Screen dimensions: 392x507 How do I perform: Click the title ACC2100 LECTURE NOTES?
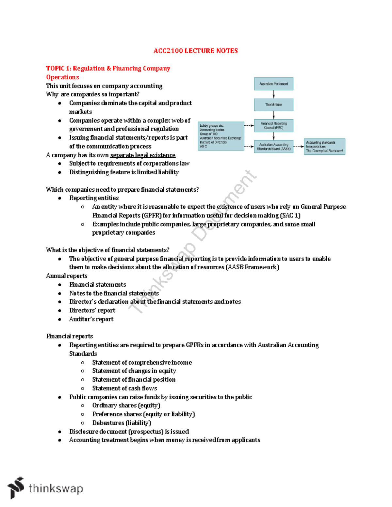195,51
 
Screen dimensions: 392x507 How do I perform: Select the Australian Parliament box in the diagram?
273,84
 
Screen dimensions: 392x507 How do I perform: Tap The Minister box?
273,105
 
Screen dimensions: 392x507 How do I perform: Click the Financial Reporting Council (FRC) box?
273,126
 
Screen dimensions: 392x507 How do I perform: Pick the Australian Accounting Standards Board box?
273,147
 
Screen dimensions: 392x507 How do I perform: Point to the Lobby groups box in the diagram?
221,136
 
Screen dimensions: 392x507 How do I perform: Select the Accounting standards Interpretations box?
324,147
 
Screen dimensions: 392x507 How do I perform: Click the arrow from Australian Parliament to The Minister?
274,94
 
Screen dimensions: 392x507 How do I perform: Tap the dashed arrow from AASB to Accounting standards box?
299,147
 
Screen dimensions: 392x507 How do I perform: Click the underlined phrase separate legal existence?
143,155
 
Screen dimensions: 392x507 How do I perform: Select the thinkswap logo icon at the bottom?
16,488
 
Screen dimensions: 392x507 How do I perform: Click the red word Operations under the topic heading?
62,77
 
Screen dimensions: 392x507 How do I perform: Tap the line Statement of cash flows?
124,388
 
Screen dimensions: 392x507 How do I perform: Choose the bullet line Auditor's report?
91,319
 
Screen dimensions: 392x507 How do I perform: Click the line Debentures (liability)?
122,423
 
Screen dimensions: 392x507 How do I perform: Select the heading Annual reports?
67,276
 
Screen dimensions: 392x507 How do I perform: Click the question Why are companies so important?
93,94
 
